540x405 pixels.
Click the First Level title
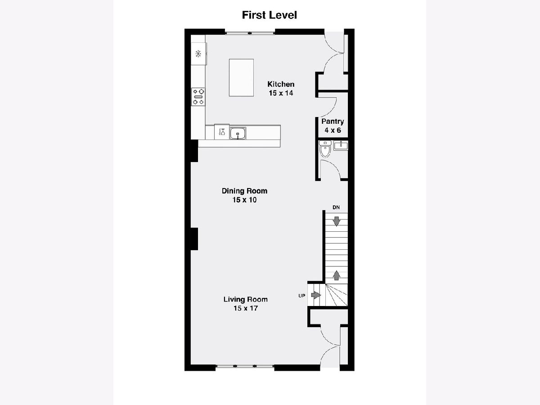[x=270, y=15]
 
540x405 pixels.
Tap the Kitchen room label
[x=281, y=84]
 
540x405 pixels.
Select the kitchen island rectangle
[x=241, y=77]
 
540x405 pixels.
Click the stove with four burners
[x=198, y=97]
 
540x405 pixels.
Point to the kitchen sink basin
[x=238, y=133]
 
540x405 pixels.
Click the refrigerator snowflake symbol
[x=198, y=54]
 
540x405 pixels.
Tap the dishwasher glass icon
[x=222, y=132]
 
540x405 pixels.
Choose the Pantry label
[x=333, y=121]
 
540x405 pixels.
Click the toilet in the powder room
[x=325, y=148]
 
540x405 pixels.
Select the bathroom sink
[x=341, y=145]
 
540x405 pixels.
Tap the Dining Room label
[x=244, y=191]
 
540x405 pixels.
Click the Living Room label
[x=246, y=299]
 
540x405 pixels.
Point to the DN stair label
[x=336, y=207]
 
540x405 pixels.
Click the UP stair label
[x=301, y=296]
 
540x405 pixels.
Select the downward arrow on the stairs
[x=336, y=221]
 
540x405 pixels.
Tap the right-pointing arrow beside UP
[x=316, y=295]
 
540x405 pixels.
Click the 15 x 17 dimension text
[x=246, y=308]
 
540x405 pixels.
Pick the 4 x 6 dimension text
[x=333, y=130]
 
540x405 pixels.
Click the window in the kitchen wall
[x=250, y=32]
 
